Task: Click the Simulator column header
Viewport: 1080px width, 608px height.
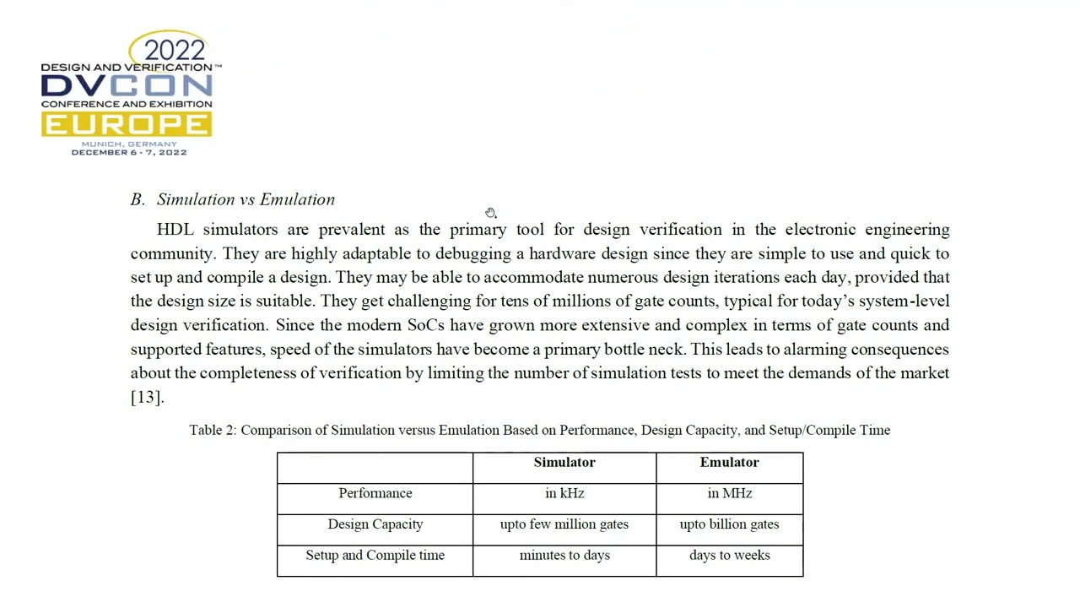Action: coord(564,462)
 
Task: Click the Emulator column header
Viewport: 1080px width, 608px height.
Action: coord(729,462)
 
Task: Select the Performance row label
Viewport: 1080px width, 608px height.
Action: coord(375,493)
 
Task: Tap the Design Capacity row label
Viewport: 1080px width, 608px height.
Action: coord(375,524)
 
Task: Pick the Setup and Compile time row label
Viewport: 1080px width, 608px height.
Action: coord(375,555)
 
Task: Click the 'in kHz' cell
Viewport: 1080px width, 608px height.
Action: coord(564,493)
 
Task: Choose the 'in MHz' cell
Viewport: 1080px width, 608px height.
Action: coord(729,493)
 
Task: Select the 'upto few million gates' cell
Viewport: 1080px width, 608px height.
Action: coord(564,524)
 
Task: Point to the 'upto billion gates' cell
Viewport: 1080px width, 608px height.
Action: coord(729,524)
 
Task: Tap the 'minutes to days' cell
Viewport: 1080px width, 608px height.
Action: coord(564,555)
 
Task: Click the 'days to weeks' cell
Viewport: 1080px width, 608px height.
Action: coord(729,555)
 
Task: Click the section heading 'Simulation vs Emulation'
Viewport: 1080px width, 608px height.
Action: coord(246,199)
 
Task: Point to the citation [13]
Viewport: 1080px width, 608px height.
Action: coord(147,396)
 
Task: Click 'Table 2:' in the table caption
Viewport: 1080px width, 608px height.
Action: coord(213,430)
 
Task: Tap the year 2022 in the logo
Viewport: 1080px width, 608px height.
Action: coord(175,49)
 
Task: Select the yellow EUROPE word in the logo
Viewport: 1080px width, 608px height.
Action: coord(127,125)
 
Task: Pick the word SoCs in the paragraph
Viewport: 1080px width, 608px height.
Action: coord(425,325)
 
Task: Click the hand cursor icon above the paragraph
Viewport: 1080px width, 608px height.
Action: coord(491,213)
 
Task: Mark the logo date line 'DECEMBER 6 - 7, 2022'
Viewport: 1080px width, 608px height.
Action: coord(129,153)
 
